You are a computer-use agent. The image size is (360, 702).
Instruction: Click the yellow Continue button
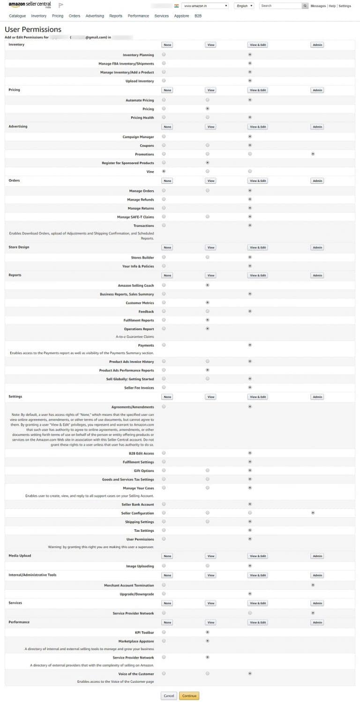click(189, 696)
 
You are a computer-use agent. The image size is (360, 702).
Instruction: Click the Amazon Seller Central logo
click(30, 5)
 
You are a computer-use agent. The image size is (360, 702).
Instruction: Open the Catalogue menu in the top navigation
click(17, 16)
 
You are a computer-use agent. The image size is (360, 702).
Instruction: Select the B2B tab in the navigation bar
click(198, 16)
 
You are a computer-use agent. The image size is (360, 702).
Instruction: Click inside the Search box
click(280, 6)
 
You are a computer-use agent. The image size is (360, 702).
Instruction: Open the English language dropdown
click(244, 6)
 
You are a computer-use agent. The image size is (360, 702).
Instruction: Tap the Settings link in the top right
click(345, 6)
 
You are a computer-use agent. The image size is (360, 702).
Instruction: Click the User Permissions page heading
click(33, 30)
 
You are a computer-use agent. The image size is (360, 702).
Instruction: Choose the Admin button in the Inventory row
click(317, 45)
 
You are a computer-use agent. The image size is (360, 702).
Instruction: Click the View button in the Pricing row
click(211, 90)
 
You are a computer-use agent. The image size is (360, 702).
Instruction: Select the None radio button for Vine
click(164, 171)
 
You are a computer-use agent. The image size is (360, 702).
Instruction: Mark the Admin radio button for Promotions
click(313, 154)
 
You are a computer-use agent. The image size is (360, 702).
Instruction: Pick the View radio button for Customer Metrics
click(207, 302)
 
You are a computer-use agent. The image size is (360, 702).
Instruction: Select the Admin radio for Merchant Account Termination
click(313, 585)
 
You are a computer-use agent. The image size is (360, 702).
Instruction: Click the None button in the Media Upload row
click(167, 556)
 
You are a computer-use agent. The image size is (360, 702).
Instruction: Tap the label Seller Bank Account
click(137, 504)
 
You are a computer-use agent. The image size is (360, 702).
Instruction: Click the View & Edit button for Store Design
click(258, 247)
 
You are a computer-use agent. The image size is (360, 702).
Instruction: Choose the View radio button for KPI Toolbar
click(207, 632)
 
